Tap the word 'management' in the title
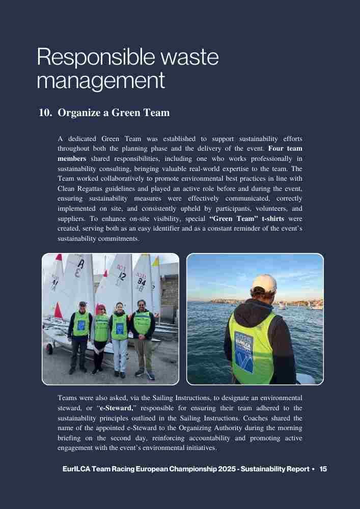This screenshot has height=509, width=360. pyautogui.click(x=101, y=80)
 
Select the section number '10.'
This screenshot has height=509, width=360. pyautogui.click(x=46, y=112)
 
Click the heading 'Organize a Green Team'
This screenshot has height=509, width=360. pyautogui.click(x=114, y=112)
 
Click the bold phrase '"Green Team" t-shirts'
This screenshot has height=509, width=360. pyautogui.click(x=247, y=219)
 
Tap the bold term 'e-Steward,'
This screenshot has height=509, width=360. pyautogui.click(x=117, y=408)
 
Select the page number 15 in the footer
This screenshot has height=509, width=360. pyautogui.click(x=323, y=469)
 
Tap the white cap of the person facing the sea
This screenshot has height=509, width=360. pyautogui.click(x=264, y=283)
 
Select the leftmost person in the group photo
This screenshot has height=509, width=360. pyautogui.click(x=79, y=336)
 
